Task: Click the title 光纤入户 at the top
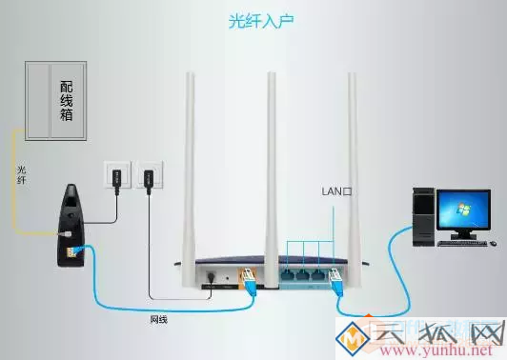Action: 253,20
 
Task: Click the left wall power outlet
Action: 113,176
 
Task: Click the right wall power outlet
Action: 148,176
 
